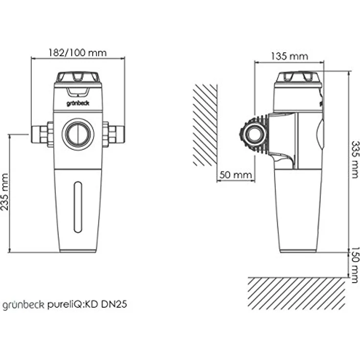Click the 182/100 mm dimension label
77,52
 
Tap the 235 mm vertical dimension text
6,191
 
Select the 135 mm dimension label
289,56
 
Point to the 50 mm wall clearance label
235,175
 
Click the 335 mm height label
355,160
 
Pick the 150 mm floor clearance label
355,265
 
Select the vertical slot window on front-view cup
77,206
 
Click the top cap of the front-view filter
78,77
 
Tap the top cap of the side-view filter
298,77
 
